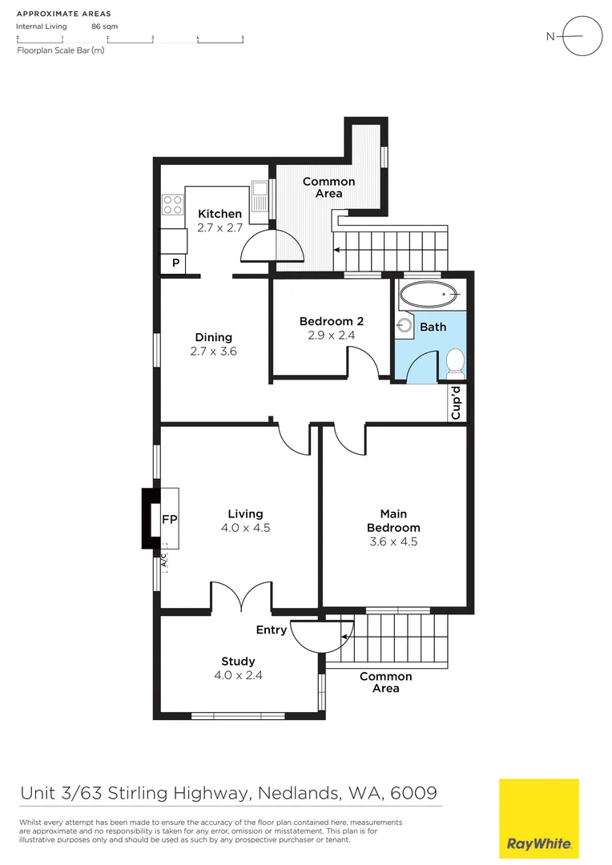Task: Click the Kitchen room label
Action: [219, 214]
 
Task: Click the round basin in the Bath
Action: [405, 326]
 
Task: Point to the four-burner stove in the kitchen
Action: [172, 204]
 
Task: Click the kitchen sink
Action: [259, 192]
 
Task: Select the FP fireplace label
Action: [169, 519]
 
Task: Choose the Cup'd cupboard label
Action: [457, 403]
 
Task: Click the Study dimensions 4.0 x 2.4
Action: [238, 675]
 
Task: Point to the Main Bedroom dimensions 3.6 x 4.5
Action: [393, 541]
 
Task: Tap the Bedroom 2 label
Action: [332, 321]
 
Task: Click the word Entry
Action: [271, 630]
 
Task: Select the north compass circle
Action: [582, 36]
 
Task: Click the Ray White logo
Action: [538, 818]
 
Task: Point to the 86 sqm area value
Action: [104, 26]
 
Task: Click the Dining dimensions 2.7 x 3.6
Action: [213, 351]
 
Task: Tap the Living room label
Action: [245, 513]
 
